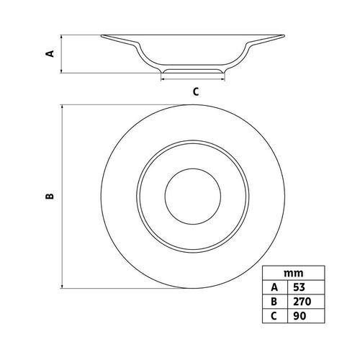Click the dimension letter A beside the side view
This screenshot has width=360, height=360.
pyautogui.click(x=50, y=53)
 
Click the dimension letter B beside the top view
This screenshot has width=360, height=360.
pyautogui.click(x=50, y=197)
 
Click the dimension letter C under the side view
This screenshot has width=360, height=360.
pyautogui.click(x=196, y=91)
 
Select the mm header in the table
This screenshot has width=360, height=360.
pyautogui.click(x=294, y=273)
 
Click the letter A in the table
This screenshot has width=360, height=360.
pyautogui.click(x=274, y=287)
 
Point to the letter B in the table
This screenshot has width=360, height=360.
pyautogui.click(x=274, y=302)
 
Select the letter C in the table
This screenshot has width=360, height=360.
pyautogui.click(x=274, y=316)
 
